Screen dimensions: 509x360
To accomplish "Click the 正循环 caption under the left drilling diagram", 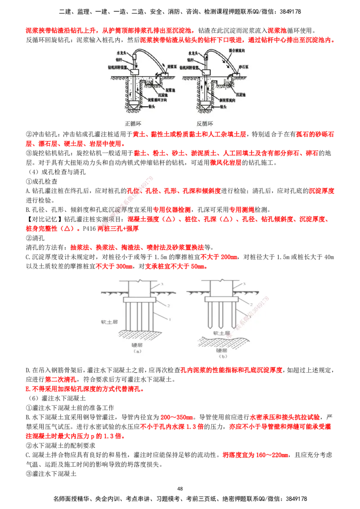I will click(134, 123).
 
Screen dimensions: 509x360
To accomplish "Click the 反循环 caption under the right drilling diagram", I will click(206, 123).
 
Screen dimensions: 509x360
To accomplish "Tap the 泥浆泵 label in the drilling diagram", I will click(174, 66).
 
